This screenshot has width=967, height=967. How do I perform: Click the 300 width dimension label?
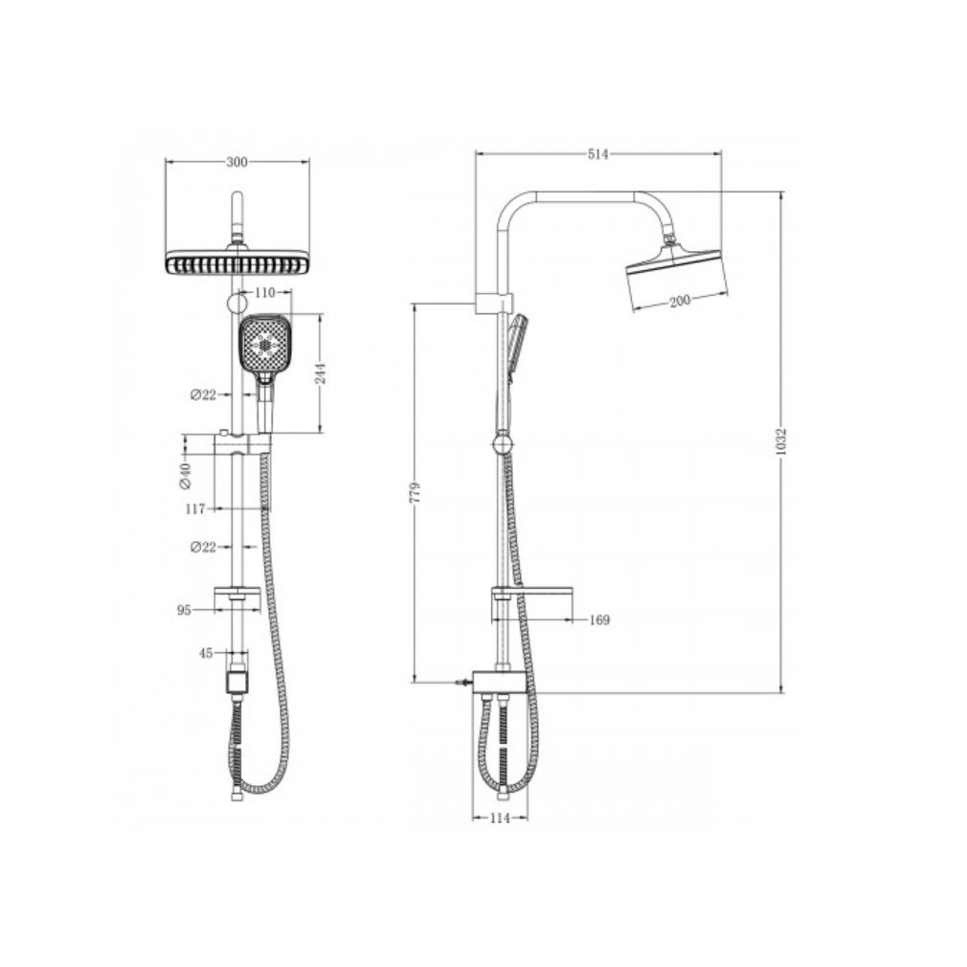point(236,162)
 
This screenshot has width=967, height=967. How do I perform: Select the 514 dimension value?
point(598,154)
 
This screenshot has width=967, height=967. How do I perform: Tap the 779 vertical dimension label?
point(415,493)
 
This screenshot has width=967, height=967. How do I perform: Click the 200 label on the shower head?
point(678,302)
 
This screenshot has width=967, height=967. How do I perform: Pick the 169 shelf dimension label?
point(599,619)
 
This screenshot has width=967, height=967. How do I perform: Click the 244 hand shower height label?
point(322,372)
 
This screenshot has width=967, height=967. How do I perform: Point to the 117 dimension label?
point(195,509)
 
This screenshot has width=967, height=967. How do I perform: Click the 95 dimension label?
point(185,609)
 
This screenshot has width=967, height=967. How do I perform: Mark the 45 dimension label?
point(205,654)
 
